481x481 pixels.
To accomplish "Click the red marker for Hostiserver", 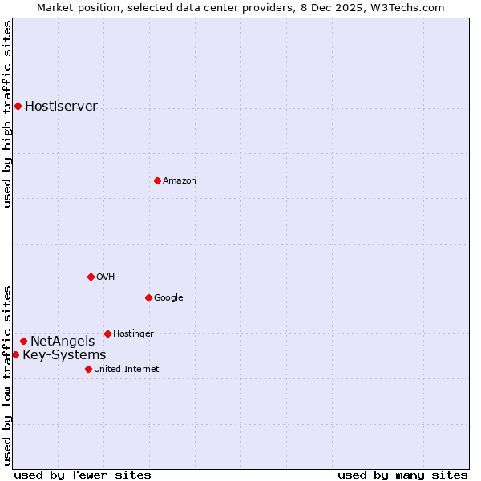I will click(x=18, y=106).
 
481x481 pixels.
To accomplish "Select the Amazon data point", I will click(x=157, y=180).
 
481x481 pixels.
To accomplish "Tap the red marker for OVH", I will click(x=91, y=277).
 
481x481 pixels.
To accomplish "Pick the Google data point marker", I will click(x=148, y=297).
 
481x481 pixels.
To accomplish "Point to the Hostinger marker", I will click(x=107, y=333).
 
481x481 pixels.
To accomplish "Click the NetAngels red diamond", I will click(x=23, y=341).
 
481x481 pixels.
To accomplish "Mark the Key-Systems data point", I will click(x=15, y=354).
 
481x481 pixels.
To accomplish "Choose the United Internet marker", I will click(x=88, y=369).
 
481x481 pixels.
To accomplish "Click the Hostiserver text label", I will click(x=61, y=107).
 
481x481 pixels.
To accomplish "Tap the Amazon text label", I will click(x=179, y=181).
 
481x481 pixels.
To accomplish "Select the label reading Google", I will click(x=168, y=298).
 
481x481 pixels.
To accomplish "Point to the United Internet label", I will click(x=126, y=370).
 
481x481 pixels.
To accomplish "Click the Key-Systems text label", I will click(x=64, y=355).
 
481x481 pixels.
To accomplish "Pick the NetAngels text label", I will click(x=63, y=342).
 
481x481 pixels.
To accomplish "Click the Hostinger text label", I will click(x=133, y=334).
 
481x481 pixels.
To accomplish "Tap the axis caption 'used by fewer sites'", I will click(x=83, y=475).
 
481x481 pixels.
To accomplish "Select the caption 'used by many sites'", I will click(x=402, y=475).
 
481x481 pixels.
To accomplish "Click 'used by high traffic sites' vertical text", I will click(x=7, y=114).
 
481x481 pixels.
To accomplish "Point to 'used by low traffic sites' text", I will click(x=7, y=375).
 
